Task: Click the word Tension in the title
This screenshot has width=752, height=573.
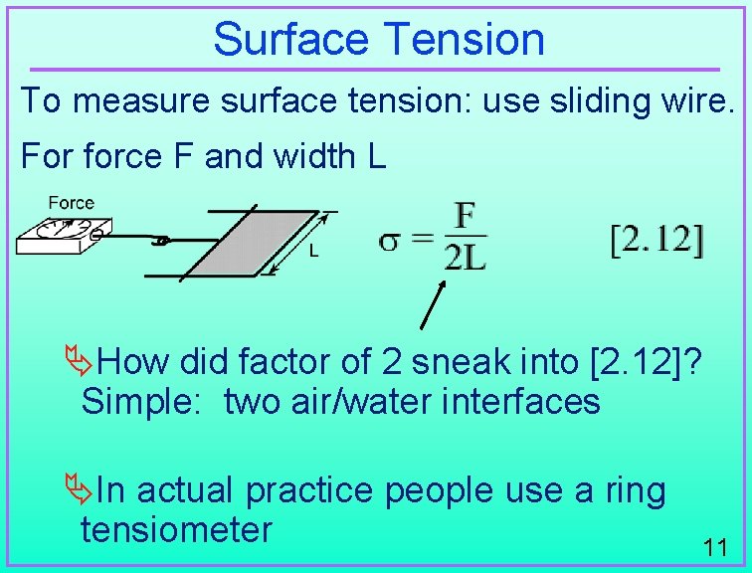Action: point(464,40)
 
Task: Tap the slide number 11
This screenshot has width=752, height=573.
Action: point(713,547)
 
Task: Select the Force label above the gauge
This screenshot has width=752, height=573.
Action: point(71,203)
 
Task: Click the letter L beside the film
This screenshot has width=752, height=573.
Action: point(313,253)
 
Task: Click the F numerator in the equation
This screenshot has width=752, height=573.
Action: point(465,216)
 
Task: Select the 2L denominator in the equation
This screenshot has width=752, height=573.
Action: point(465,259)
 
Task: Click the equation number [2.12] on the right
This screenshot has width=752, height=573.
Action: point(657,240)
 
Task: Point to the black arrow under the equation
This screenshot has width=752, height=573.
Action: point(434,304)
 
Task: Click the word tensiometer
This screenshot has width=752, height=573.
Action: point(176,529)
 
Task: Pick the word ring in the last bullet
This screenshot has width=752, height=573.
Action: point(633,490)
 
